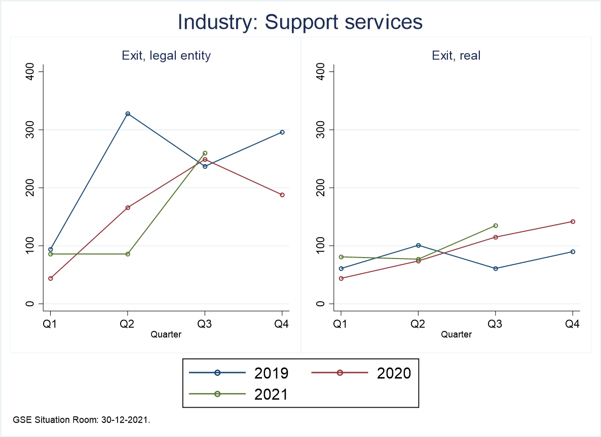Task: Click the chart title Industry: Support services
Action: click(300, 22)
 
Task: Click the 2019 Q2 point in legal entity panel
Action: click(128, 114)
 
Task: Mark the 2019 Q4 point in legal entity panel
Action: click(282, 132)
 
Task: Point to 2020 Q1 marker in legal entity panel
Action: click(51, 278)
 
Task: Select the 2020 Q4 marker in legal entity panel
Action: click(282, 195)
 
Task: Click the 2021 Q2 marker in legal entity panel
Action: click(128, 254)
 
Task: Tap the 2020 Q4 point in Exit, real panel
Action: click(573, 222)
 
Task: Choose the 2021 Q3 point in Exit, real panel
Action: click(496, 226)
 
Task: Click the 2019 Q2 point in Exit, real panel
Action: click(418, 245)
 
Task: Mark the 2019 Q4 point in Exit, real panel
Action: click(573, 251)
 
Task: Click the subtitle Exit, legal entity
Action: click(166, 56)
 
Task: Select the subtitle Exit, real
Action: click(456, 56)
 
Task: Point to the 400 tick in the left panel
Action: click(30, 71)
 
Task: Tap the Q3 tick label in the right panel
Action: click(496, 324)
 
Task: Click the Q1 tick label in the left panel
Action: click(51, 324)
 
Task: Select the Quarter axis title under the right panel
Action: click(456, 335)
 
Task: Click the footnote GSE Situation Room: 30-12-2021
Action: click(82, 420)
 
